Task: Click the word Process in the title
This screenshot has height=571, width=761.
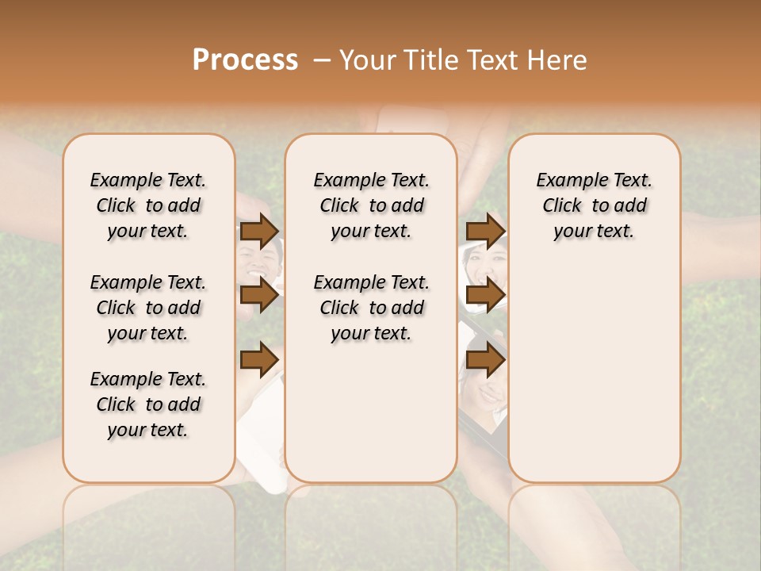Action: (245, 60)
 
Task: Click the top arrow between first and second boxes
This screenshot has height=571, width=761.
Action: (259, 232)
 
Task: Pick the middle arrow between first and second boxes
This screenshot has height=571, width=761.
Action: (259, 296)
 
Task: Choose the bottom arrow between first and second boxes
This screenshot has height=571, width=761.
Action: (259, 359)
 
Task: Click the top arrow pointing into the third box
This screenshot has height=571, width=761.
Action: (485, 232)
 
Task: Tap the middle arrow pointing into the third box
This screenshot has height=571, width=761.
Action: (485, 296)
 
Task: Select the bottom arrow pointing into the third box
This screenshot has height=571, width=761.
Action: (485, 359)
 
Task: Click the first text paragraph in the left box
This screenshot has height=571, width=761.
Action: (148, 205)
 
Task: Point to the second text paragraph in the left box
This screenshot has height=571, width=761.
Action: (148, 308)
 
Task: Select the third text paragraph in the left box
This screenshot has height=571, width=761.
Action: (148, 404)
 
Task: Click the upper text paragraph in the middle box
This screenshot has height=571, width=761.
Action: (371, 205)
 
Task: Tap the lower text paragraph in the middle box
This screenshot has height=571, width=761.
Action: (371, 308)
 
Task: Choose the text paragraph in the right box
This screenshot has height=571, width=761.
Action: (594, 205)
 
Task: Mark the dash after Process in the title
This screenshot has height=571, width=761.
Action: (322, 60)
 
